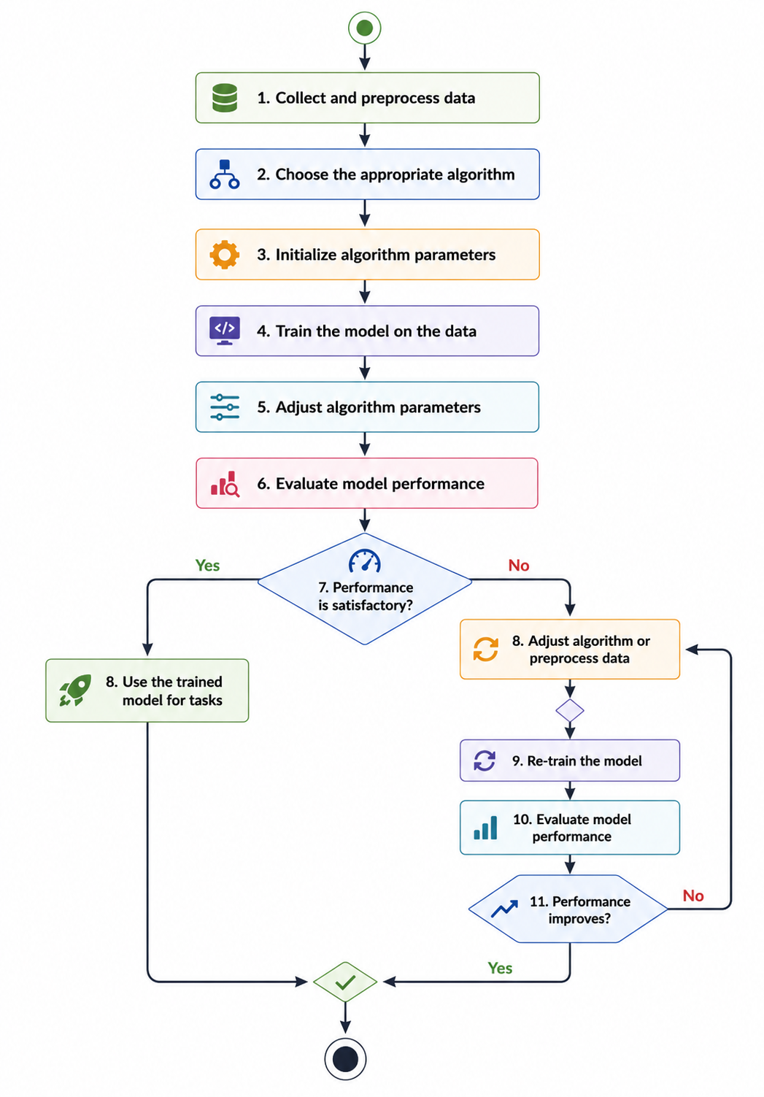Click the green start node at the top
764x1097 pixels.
coord(364,28)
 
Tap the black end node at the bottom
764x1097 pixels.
coord(345,1059)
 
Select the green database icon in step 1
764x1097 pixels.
coord(225,98)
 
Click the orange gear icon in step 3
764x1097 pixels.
coord(224,254)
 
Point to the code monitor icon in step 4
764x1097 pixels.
coord(224,331)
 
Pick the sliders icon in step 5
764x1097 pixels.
coord(225,407)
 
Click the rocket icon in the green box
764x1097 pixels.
coord(75,690)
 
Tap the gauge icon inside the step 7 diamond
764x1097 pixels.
coord(364,561)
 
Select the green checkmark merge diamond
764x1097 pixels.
coord(345,982)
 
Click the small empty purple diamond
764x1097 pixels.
coord(570,710)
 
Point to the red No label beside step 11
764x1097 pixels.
coord(693,896)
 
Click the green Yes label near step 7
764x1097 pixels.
coord(207,565)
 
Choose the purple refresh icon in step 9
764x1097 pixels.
coord(485,760)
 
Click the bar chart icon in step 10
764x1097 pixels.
coord(485,827)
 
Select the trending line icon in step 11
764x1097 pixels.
coord(504,909)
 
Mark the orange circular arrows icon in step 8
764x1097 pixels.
coord(485,649)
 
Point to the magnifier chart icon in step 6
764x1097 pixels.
coord(225,484)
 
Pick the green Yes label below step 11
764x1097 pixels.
coord(500,969)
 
